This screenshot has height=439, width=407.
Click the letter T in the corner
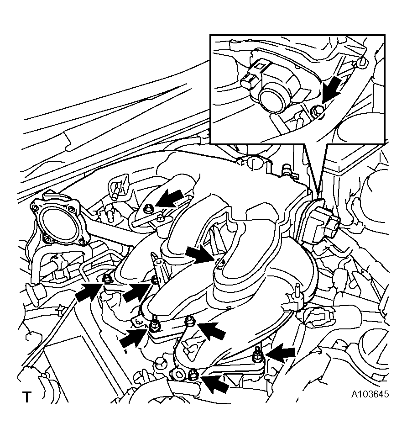[x=26, y=397]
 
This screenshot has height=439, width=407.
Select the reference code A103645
[x=370, y=394]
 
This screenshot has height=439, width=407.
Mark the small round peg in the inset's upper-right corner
[x=362, y=63]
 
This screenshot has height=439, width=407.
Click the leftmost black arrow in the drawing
[x=89, y=292]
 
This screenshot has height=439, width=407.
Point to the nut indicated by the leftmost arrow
[x=106, y=278]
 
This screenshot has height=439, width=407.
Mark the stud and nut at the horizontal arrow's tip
[x=257, y=355]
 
